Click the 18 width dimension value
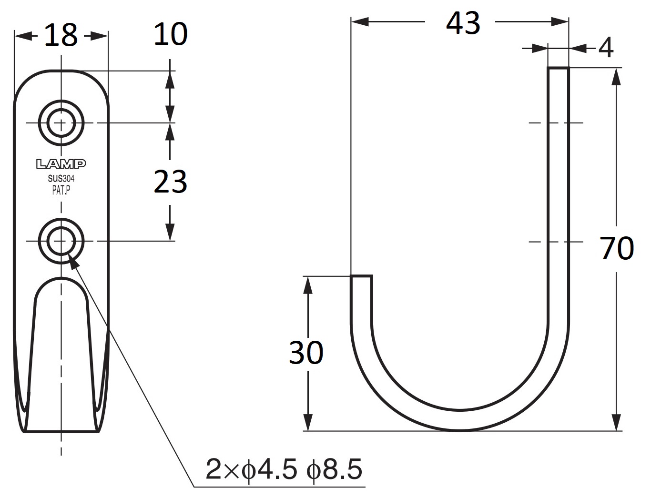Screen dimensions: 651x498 tap(61, 35)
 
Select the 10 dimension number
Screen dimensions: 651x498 tap(171, 34)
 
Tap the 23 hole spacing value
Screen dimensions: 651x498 tap(171, 182)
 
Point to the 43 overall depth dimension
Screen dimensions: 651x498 tap(463, 23)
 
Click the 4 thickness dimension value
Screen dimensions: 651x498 tap(606, 48)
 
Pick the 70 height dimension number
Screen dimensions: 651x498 tap(617, 248)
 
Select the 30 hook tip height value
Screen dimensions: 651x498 tap(306, 353)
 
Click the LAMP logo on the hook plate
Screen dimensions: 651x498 tap(61, 163)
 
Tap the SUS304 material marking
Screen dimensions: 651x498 tap(61, 178)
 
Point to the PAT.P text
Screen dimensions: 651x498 tap(61, 191)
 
